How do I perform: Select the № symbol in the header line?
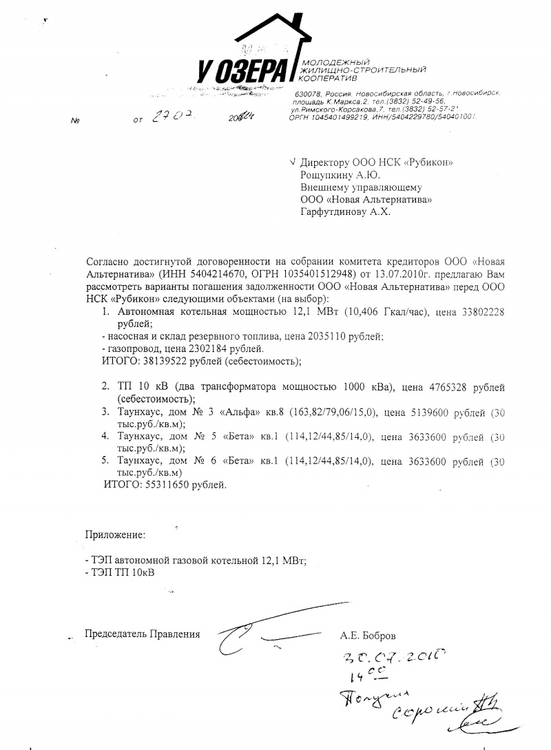pos(75,121)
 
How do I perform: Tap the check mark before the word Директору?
pos(293,162)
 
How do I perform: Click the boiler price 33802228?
pos(481,312)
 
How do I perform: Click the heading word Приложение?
pos(115,534)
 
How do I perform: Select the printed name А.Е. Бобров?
pos(368,634)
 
